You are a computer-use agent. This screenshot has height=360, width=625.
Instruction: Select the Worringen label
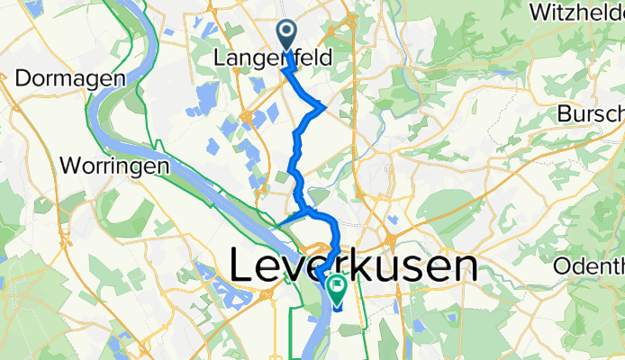coord(115,166)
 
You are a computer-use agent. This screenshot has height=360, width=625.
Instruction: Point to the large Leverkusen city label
coord(354,265)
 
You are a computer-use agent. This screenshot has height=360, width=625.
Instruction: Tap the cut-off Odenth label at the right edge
coord(590,265)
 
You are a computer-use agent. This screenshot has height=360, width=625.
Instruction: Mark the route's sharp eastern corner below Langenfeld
coord(324,106)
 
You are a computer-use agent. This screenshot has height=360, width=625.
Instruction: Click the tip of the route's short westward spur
coord(277,222)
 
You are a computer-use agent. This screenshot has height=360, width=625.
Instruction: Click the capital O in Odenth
coord(564,265)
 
